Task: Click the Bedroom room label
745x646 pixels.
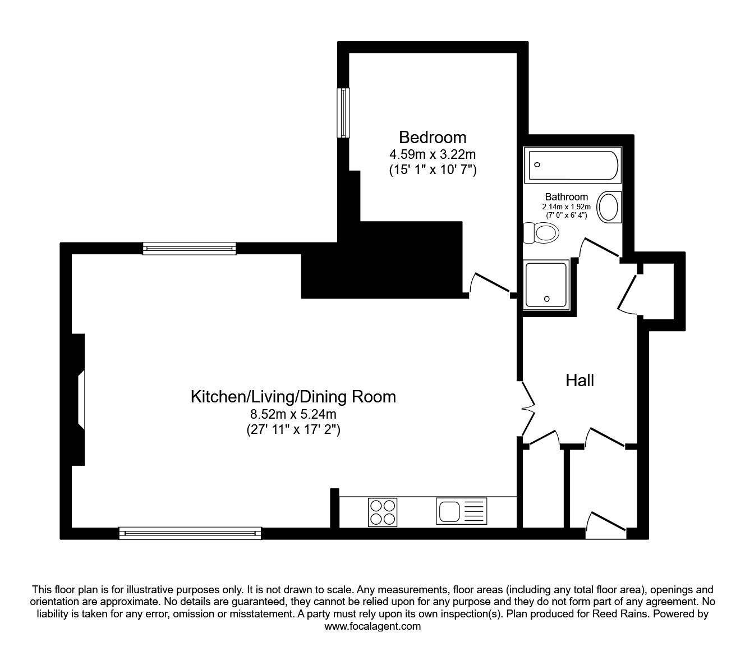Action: (433, 138)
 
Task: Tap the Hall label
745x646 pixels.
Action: (580, 380)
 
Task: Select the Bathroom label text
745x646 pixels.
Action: (566, 196)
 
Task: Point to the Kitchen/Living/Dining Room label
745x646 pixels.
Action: (293, 396)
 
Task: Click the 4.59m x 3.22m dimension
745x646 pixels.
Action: (433, 154)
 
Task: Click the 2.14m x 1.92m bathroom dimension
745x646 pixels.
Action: (566, 207)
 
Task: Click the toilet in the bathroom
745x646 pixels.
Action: (541, 233)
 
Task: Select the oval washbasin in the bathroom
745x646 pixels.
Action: (609, 207)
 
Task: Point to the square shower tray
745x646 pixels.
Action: (546, 285)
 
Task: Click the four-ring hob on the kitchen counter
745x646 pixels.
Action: (383, 512)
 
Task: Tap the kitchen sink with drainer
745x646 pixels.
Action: (461, 511)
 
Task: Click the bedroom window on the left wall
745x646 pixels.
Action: (343, 113)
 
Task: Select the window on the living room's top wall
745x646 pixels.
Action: (189, 248)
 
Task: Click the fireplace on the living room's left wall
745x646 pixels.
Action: (78, 400)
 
